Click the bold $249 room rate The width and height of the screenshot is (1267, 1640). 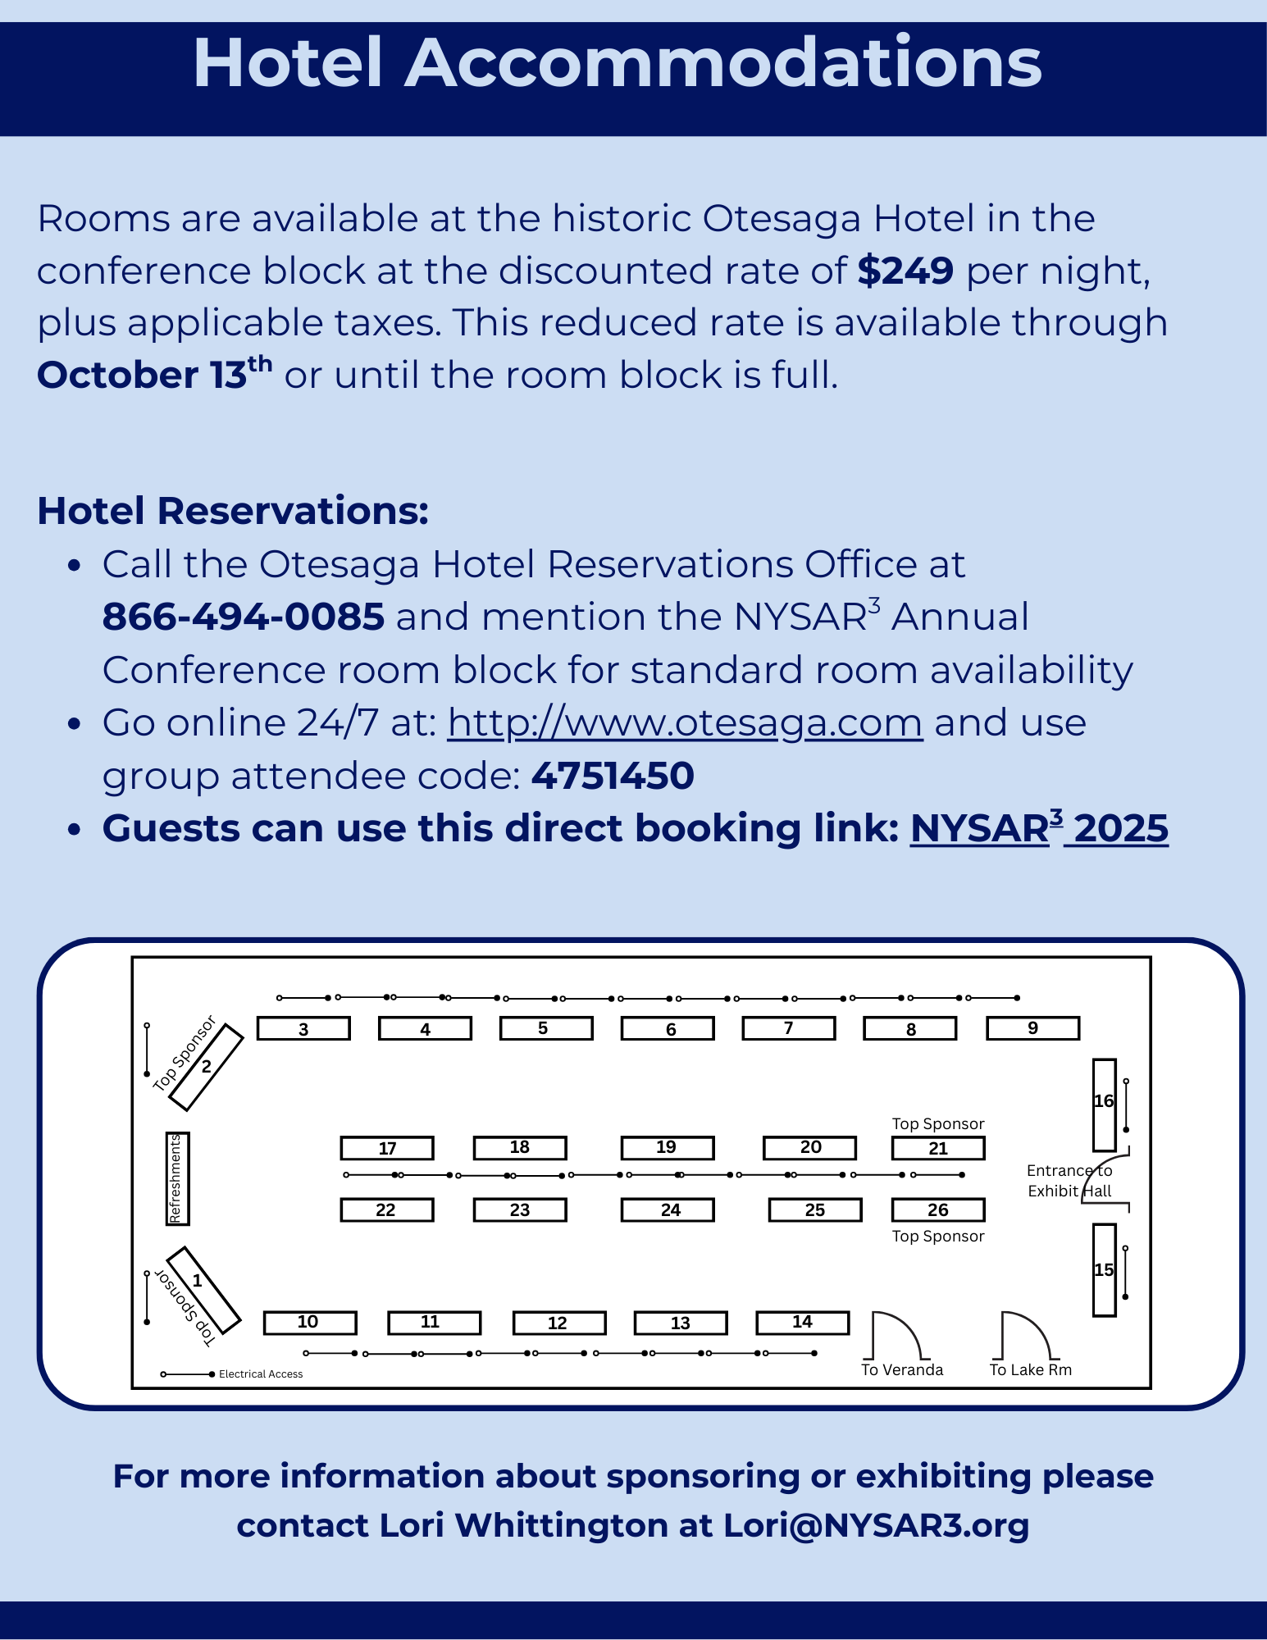point(905,271)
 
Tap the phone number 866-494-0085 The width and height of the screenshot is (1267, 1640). point(243,617)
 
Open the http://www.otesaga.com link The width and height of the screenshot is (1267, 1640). point(685,723)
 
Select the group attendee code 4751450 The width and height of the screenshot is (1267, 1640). point(613,776)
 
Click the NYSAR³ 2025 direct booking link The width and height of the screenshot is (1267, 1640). point(1039,828)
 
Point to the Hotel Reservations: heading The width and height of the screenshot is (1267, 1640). point(233,510)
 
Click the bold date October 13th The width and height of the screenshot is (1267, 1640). point(154,374)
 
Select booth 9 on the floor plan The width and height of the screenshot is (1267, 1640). point(1032,1028)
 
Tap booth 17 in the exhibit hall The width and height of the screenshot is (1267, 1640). point(387,1148)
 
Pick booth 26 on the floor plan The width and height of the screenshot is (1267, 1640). point(938,1209)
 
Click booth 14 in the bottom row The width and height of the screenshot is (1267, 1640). point(802,1322)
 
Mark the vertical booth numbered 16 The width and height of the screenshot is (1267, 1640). point(1104,1104)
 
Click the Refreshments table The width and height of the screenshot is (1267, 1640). point(177,1178)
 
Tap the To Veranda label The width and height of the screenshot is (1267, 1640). point(902,1370)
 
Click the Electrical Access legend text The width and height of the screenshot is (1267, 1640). point(261,1374)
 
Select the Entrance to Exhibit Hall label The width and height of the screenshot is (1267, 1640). point(1069,1181)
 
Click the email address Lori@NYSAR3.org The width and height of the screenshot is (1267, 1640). point(876,1525)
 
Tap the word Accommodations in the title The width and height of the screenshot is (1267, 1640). point(723,64)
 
